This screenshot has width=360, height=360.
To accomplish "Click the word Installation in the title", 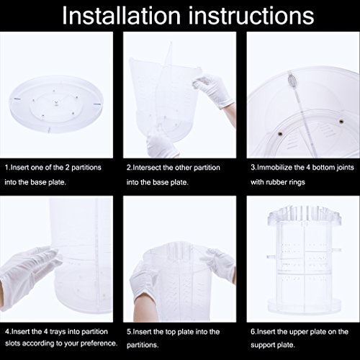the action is click(121, 15).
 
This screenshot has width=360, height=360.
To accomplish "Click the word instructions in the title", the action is click(251, 15).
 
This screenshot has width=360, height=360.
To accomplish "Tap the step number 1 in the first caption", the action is click(6, 167).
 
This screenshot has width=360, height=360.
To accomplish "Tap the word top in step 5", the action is click(170, 332).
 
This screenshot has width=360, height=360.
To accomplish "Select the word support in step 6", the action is click(263, 345).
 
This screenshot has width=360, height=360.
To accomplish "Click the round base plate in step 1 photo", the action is click(56, 104).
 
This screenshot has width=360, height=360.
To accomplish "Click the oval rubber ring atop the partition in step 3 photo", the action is click(292, 79).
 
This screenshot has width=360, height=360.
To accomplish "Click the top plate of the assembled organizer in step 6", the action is click(305, 215).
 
